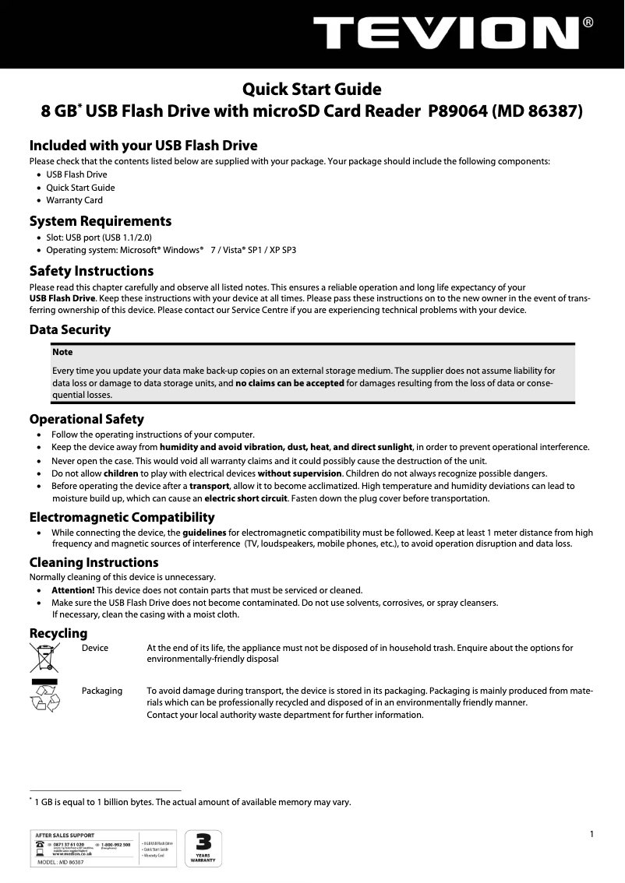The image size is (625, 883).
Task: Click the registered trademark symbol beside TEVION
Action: point(588,23)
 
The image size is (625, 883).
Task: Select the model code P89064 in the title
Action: point(457,111)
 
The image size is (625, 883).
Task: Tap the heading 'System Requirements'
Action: point(100,221)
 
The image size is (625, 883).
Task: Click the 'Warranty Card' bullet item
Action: point(74,200)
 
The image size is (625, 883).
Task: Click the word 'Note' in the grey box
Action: point(62,353)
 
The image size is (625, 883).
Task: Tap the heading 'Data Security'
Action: point(69,329)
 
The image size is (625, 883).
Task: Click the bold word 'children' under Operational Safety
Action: point(120,473)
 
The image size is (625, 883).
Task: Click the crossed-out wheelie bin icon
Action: point(44,658)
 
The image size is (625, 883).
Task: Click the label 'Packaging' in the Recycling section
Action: point(101,691)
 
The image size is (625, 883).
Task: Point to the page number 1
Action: point(591,835)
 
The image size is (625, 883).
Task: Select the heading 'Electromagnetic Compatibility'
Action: point(122,517)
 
